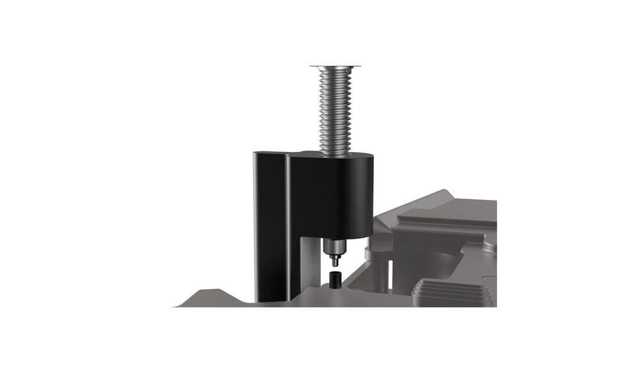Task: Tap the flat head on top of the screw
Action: (337, 66)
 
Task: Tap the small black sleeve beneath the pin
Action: (334, 279)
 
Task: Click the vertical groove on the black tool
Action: (286, 224)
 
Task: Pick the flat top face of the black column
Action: (268, 154)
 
